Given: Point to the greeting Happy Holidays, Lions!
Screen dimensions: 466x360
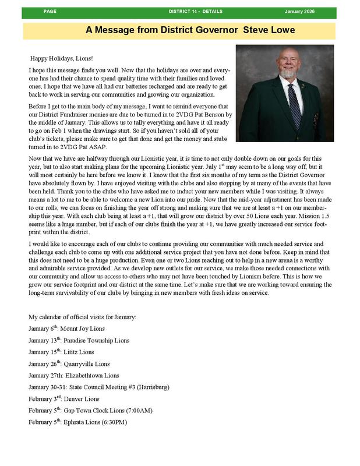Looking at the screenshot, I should pyautogui.click(x=61, y=59).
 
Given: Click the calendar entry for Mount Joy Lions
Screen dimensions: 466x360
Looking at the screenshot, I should pyautogui.click(x=64, y=329).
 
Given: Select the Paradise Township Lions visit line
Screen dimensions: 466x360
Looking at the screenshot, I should pyautogui.click(x=79, y=340).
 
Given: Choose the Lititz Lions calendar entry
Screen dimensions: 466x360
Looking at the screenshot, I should pyautogui.click(x=61, y=352).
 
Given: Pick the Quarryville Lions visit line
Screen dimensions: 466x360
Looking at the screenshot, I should pyautogui.click(x=69, y=363).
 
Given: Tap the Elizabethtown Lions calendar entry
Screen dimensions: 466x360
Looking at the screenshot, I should pyautogui.click(x=73, y=375).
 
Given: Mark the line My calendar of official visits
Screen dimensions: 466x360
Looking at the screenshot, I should pyautogui.click(x=82, y=316).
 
